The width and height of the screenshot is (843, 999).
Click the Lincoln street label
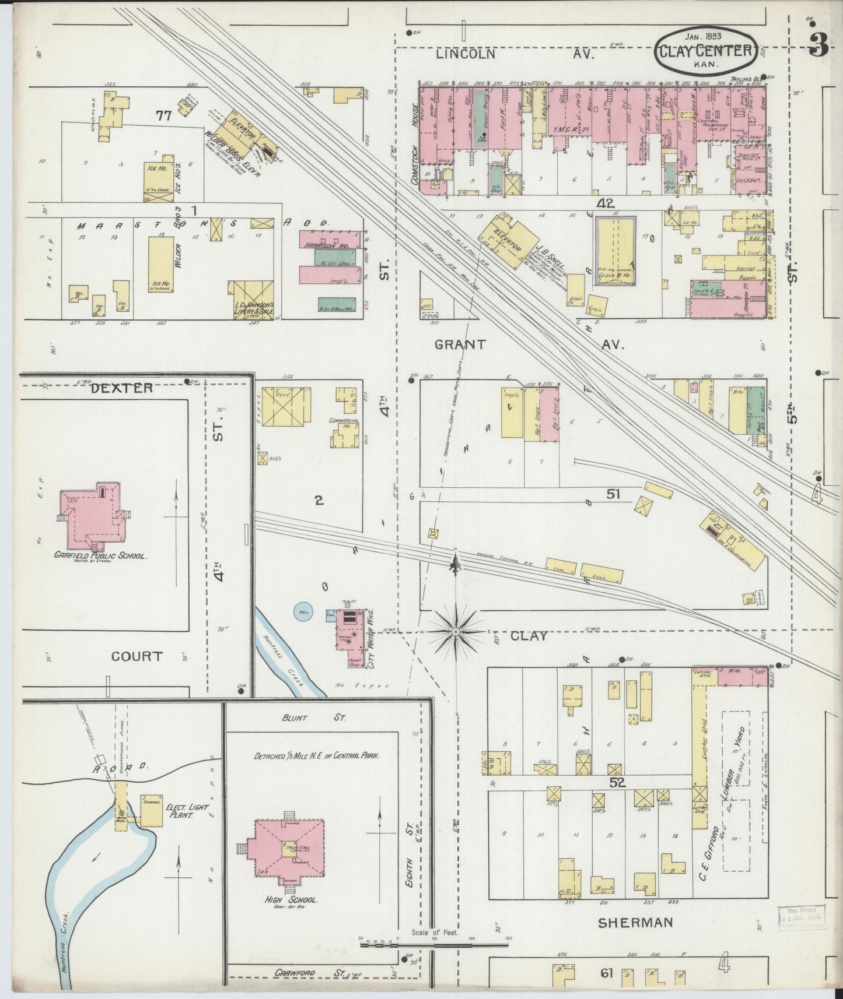point(466,54)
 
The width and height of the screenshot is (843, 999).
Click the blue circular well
point(303,611)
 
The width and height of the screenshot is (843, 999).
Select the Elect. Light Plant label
point(176,811)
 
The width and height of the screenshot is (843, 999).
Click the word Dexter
point(122,388)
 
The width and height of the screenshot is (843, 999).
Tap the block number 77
point(163,115)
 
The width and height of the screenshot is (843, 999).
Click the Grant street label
point(460,344)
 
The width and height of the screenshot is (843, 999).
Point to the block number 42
point(606,203)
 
